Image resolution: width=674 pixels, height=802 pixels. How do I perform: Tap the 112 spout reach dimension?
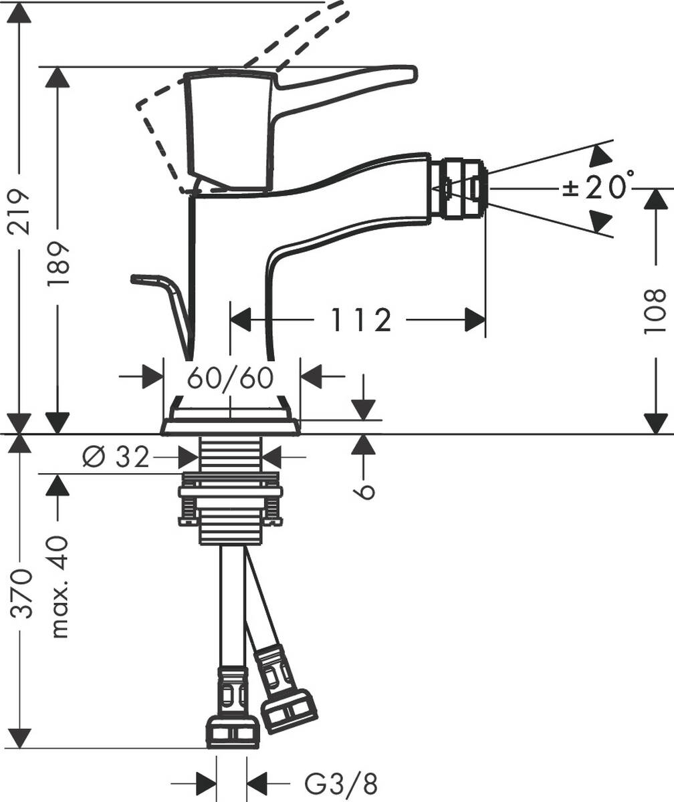360,320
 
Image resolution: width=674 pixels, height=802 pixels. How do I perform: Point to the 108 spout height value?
656,311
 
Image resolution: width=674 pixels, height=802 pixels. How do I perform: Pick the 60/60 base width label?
231,378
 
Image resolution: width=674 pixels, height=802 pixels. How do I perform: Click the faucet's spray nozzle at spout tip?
459,188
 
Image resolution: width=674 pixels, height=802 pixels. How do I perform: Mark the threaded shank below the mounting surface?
231,454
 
